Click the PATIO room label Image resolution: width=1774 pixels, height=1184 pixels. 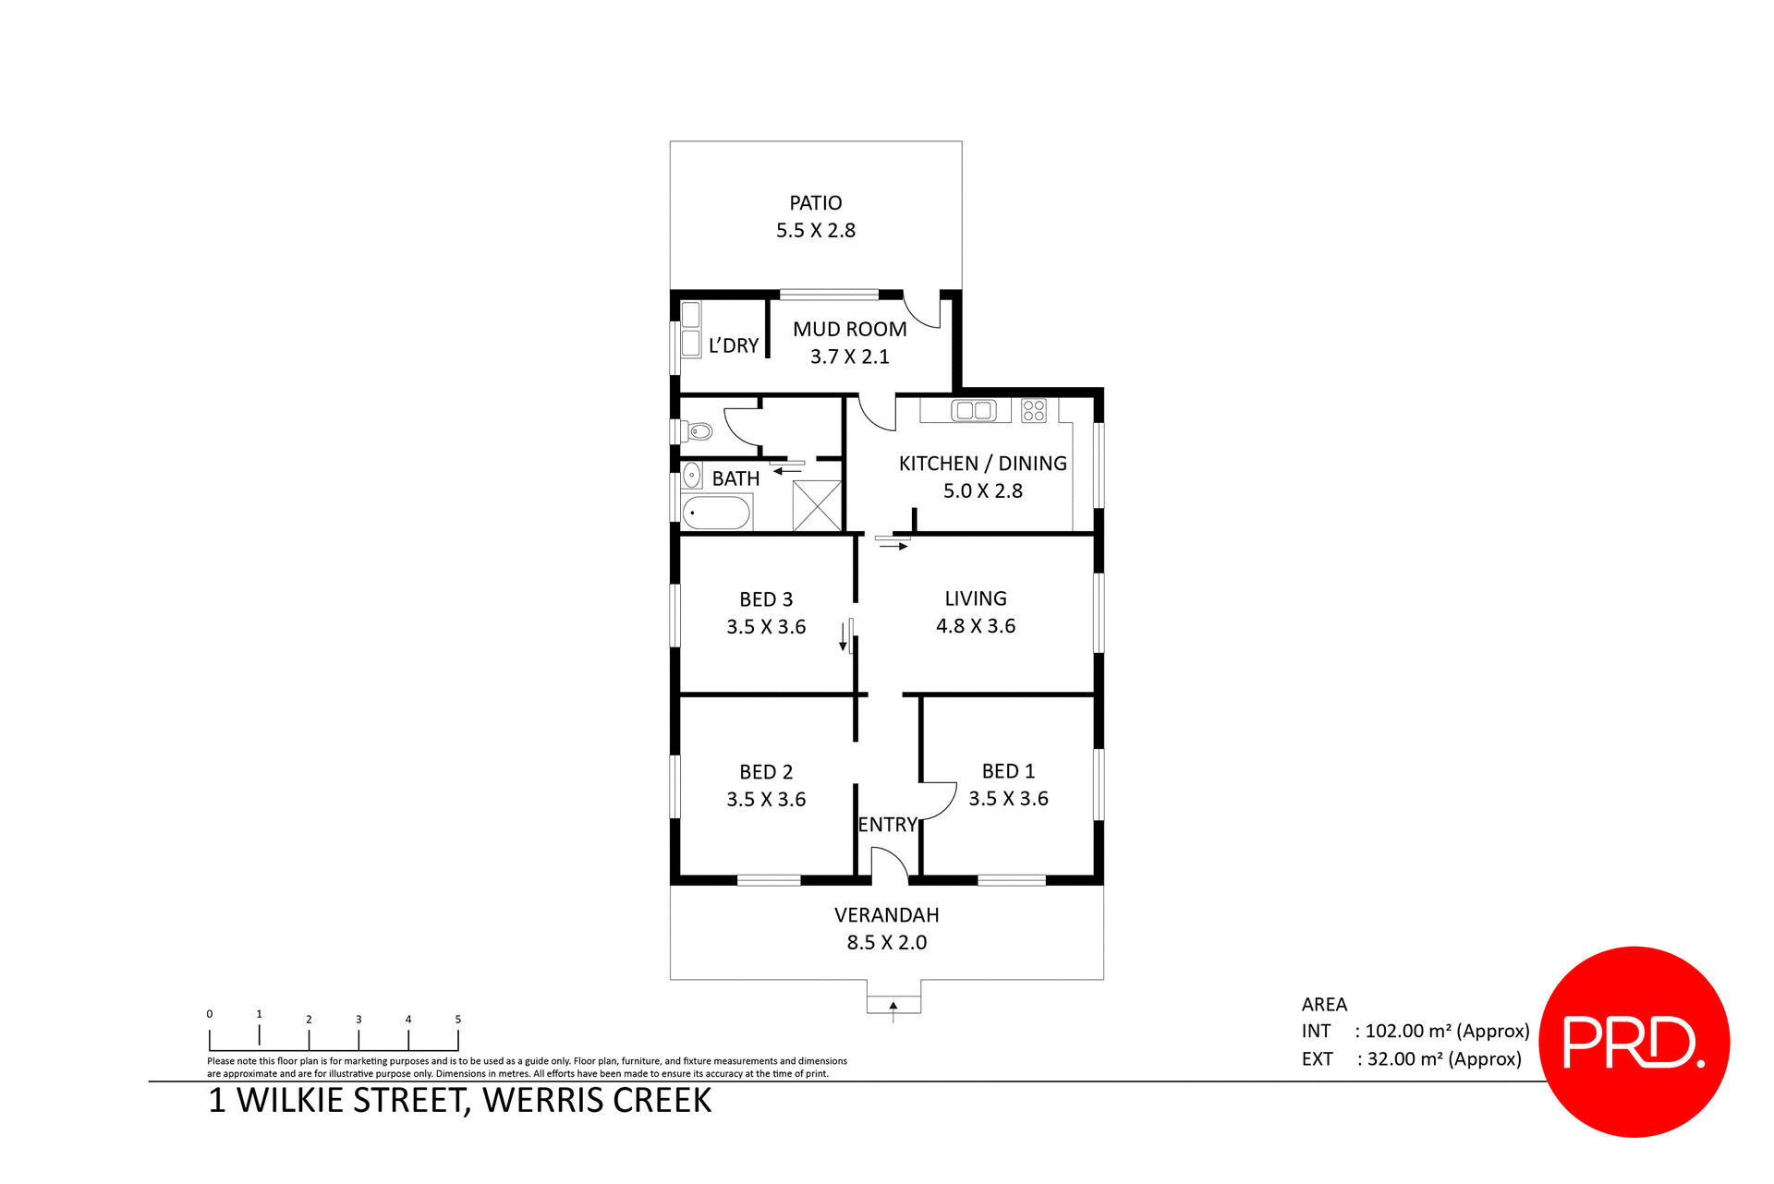click(815, 203)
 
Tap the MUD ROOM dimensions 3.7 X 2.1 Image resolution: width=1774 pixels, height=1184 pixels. click(849, 356)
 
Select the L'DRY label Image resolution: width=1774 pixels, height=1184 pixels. click(734, 345)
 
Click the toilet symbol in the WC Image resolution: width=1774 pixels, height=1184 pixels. click(699, 431)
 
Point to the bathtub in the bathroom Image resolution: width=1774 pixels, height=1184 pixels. click(716, 513)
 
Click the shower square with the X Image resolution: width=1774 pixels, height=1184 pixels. click(817, 505)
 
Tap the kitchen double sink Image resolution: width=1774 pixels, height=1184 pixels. click(973, 410)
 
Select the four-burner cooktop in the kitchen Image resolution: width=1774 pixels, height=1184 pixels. click(1034, 410)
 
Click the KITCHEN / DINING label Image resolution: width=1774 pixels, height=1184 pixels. click(982, 464)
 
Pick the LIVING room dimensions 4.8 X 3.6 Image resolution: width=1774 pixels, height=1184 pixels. click(975, 626)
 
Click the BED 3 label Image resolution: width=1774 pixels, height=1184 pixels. click(766, 599)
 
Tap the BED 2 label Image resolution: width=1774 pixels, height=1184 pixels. click(766, 772)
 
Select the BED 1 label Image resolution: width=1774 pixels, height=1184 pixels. click(1008, 771)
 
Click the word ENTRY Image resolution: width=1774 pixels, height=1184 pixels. click(887, 825)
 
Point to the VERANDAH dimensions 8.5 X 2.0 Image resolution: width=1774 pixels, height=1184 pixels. click(886, 943)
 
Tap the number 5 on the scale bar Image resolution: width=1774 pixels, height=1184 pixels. click(457, 1020)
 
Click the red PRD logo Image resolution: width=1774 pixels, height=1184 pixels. click(1634, 1042)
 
